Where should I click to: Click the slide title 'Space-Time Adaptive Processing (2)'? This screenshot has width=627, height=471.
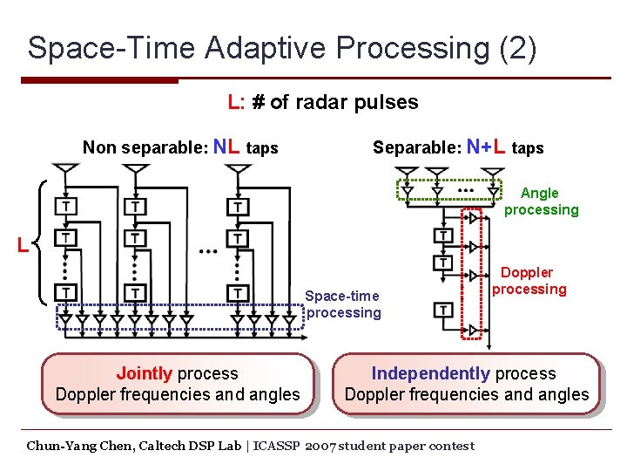click(x=281, y=47)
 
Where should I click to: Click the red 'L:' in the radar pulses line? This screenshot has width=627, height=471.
click(x=235, y=102)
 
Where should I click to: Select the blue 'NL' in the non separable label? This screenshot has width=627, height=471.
click(x=227, y=147)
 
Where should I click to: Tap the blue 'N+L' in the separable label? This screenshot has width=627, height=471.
click(x=487, y=147)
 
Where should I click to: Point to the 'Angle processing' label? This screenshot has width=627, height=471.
click(x=541, y=201)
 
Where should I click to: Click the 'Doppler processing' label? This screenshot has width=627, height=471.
click(x=529, y=281)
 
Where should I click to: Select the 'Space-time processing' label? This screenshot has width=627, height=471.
click(x=343, y=304)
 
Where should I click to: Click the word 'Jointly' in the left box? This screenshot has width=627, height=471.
click(x=144, y=373)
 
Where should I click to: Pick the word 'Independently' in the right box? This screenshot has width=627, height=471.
click(x=430, y=373)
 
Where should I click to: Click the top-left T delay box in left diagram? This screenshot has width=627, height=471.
click(x=64, y=207)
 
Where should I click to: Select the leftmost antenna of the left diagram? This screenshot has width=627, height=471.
click(x=64, y=170)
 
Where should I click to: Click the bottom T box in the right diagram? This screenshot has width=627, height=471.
click(x=443, y=310)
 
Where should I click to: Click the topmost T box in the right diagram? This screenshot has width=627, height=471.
click(x=443, y=236)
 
